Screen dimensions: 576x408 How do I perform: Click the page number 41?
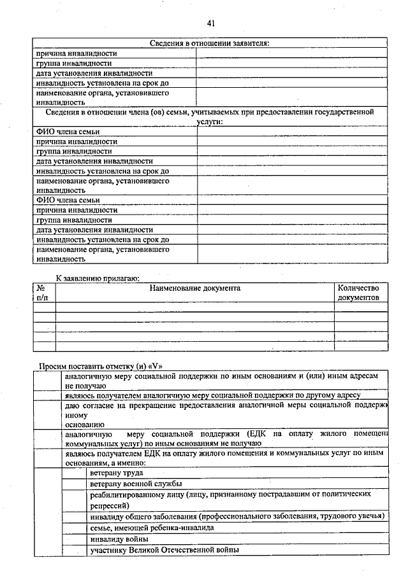[210, 24]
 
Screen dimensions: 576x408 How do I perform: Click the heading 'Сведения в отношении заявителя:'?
[210, 43]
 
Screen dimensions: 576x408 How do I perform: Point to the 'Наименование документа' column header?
[194, 288]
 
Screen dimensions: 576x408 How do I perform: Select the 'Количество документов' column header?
[361, 293]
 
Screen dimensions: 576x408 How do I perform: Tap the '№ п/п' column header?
[43, 293]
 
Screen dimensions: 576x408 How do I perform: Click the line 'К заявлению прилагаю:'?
[97, 278]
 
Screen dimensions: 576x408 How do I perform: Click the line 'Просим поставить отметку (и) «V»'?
[102, 366]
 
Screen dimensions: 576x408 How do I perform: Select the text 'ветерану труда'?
[117, 473]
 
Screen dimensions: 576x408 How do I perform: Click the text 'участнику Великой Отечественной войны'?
[165, 549]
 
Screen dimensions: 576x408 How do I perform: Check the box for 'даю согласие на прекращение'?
[48, 414]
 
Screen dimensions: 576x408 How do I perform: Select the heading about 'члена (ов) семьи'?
[210, 116]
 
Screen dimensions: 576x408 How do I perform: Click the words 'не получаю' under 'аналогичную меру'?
[84, 386]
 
